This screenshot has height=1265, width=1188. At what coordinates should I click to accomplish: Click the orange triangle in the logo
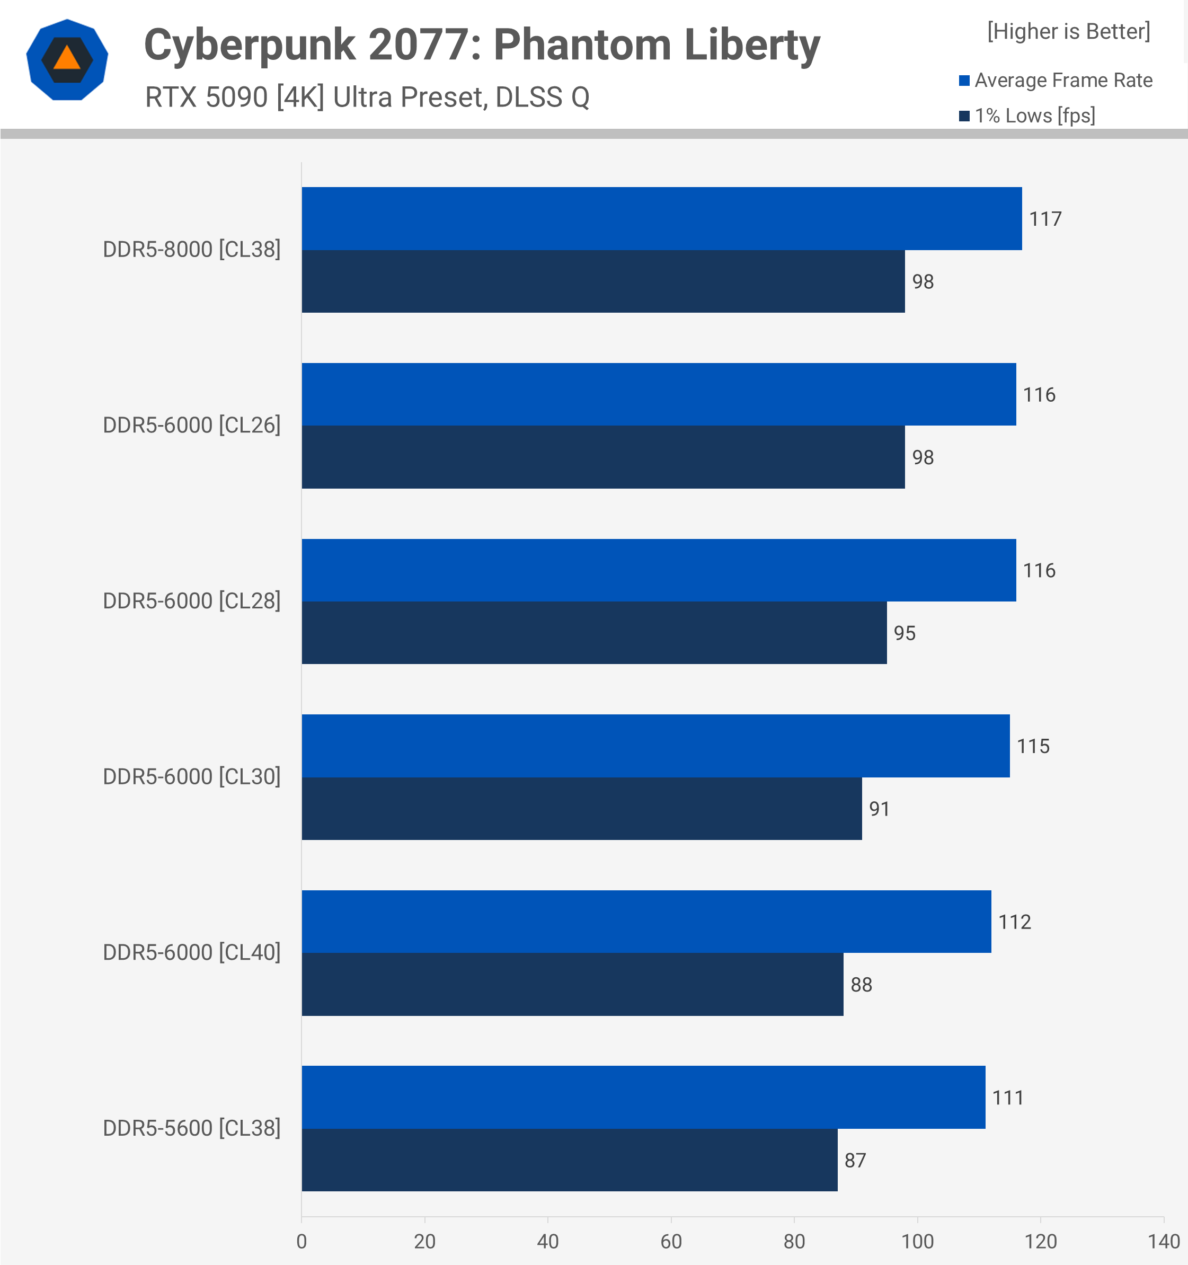tap(67, 58)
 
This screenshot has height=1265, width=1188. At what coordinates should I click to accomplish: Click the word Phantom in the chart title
tap(582, 45)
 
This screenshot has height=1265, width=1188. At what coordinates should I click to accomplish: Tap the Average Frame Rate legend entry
tap(1056, 80)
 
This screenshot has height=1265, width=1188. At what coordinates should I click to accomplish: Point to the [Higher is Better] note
tap(1068, 31)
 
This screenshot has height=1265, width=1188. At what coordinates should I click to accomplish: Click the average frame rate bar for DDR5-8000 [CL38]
tap(661, 218)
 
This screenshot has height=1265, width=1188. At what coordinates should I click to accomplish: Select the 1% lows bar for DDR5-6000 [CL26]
tap(602, 457)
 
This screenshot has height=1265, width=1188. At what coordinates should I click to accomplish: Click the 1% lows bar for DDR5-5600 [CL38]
tap(569, 1160)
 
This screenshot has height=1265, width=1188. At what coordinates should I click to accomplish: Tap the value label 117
tap(1045, 219)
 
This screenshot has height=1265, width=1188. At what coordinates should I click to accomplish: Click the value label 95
tap(904, 633)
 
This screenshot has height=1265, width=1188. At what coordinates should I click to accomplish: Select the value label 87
tap(855, 1160)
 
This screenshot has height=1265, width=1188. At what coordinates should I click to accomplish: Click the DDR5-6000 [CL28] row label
tap(191, 600)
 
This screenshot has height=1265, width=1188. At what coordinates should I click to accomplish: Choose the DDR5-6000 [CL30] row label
tap(191, 776)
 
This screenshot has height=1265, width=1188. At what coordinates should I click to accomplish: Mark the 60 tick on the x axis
tap(671, 1241)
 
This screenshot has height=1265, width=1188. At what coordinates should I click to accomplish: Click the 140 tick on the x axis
tap(1163, 1241)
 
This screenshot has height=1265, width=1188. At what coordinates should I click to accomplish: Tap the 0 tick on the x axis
tap(302, 1241)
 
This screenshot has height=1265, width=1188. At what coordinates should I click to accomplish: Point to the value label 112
tap(1014, 922)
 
